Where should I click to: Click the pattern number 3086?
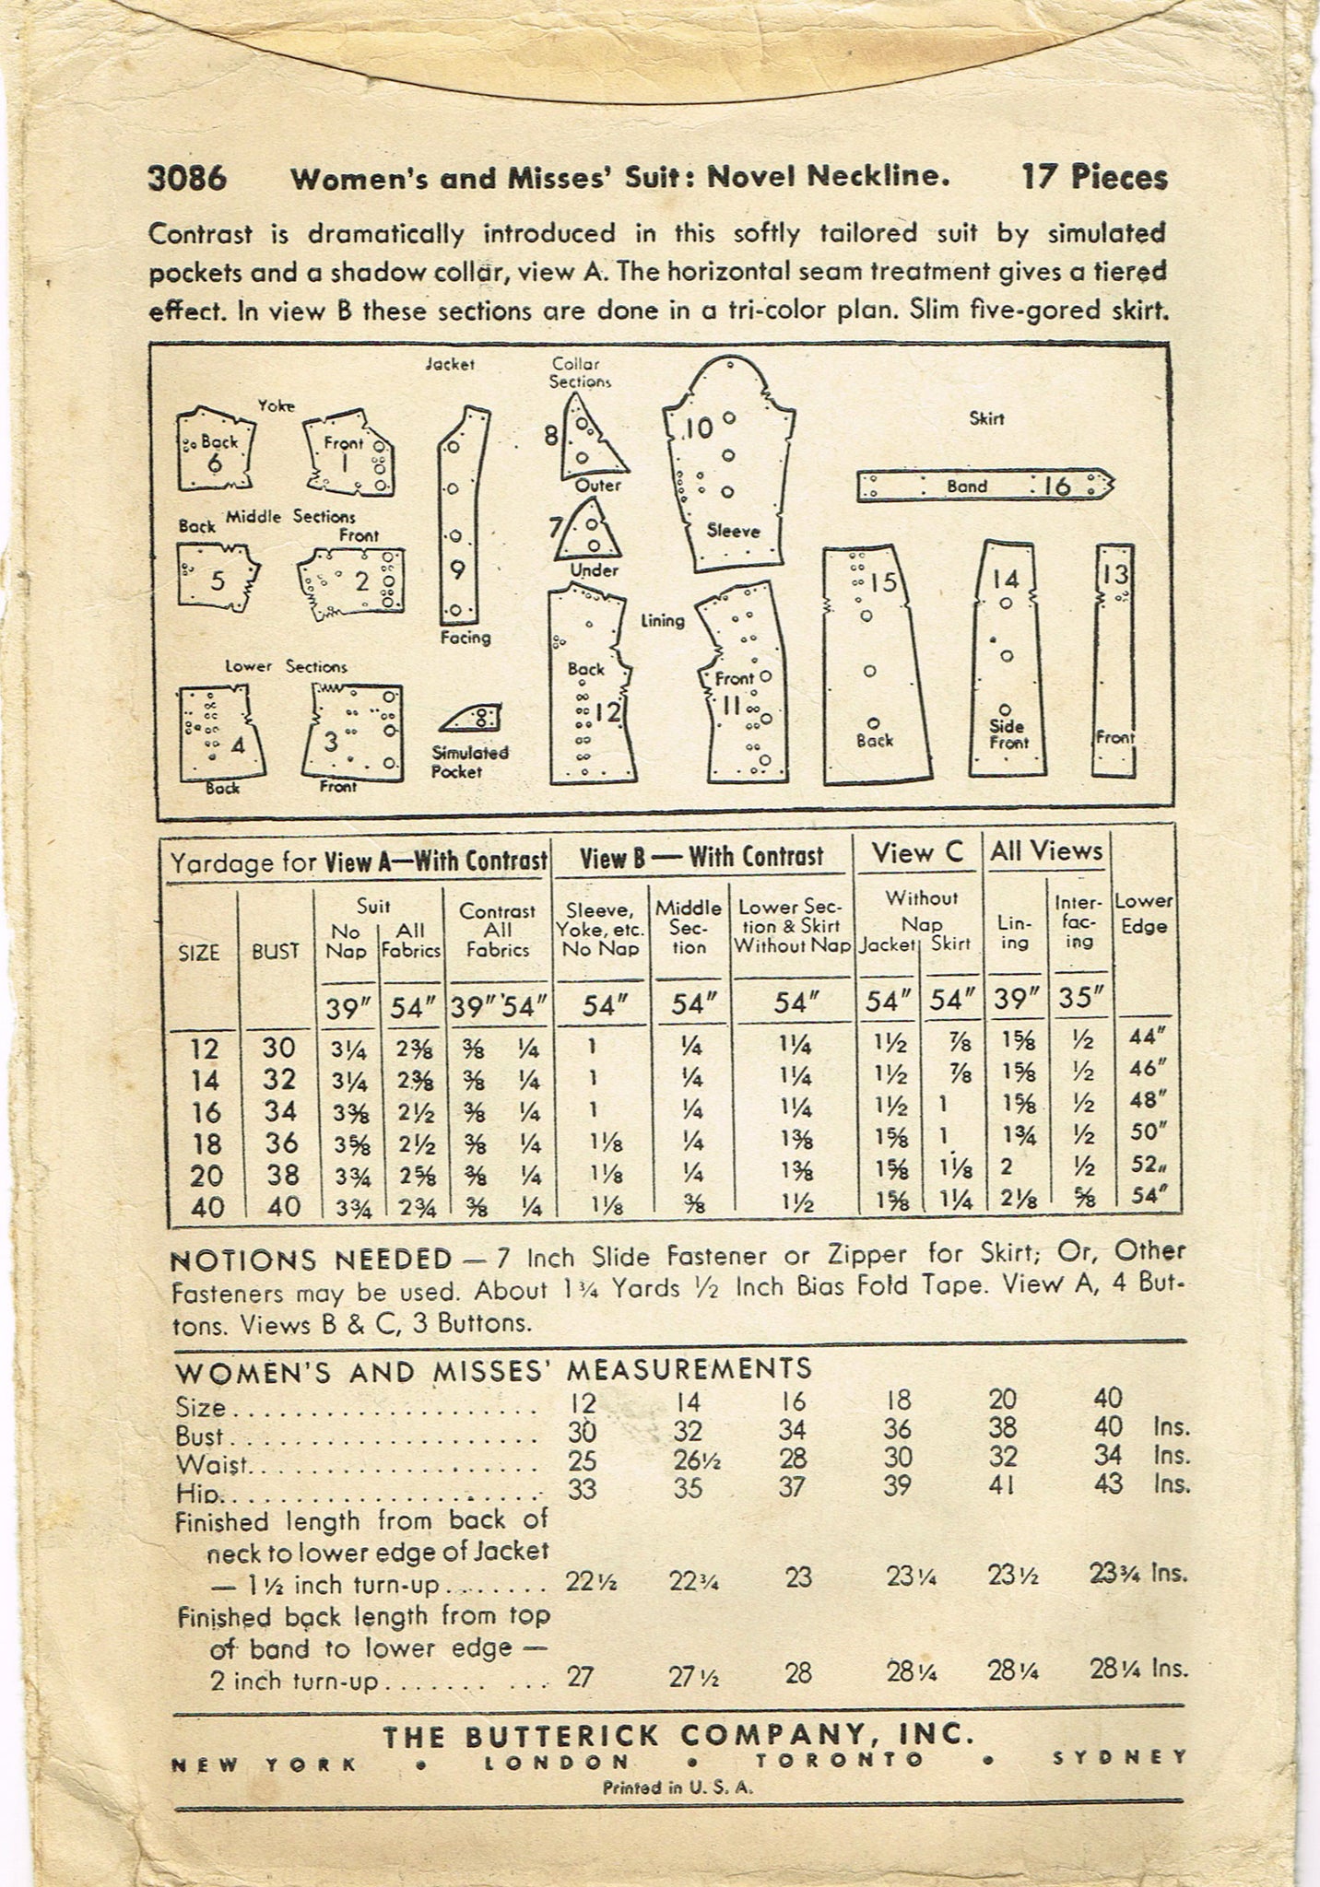[x=187, y=178]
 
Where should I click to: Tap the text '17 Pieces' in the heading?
[x=1093, y=177]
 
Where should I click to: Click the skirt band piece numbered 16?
[x=984, y=486]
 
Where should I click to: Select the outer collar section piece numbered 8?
[x=583, y=440]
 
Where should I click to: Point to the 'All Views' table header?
[x=1046, y=851]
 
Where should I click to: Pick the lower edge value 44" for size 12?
[x=1148, y=1037]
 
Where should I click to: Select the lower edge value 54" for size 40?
[x=1147, y=1198]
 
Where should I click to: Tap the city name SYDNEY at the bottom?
[x=1119, y=1758]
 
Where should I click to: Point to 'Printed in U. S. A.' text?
[x=678, y=1786]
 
